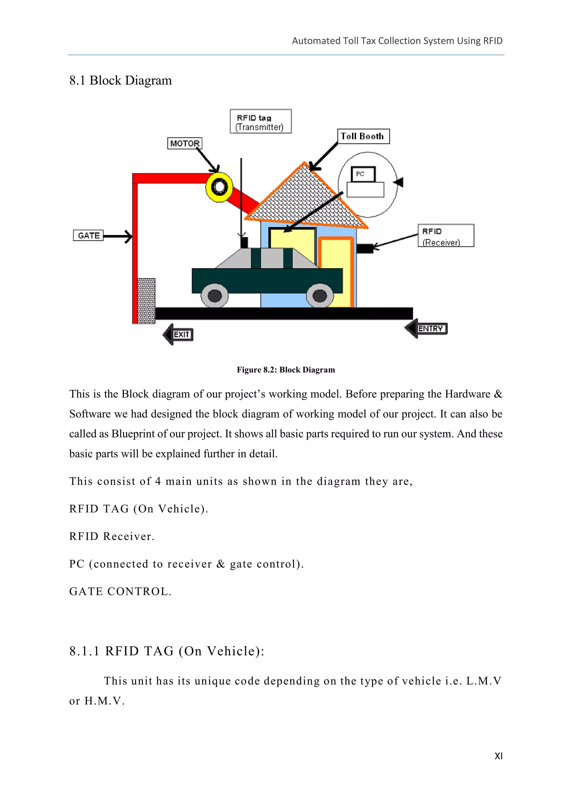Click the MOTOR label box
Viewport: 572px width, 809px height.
pos(185,143)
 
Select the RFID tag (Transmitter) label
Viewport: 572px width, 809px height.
pos(260,122)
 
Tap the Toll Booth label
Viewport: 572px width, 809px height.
pos(363,136)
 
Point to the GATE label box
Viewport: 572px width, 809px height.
pos(88,235)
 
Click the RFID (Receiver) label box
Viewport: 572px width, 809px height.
pos(445,236)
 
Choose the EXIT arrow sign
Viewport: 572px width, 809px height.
pos(178,334)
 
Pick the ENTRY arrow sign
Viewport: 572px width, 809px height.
pos(426,329)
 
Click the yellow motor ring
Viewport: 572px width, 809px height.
pos(219,187)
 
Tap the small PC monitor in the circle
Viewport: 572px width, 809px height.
pos(363,174)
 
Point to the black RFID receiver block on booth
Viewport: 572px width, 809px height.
pos(364,248)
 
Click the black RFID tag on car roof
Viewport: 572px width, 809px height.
pos(244,242)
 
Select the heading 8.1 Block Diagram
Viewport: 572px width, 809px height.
pos(120,80)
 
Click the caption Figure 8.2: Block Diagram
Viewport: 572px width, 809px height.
pos(286,370)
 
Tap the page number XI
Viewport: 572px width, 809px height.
pos(498,756)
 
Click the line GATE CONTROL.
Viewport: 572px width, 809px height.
pos(120,592)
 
